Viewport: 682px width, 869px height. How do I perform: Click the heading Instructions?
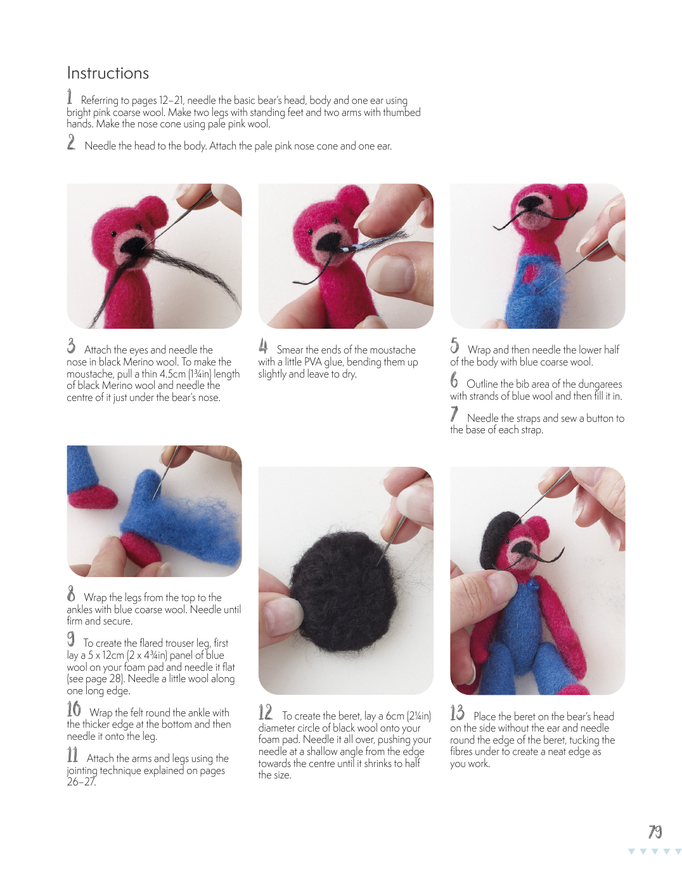click(x=108, y=73)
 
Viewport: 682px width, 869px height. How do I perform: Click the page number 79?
click(x=655, y=832)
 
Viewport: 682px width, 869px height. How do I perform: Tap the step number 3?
click(x=71, y=346)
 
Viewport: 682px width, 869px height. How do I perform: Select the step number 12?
click(x=265, y=712)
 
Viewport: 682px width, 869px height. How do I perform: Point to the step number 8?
click(x=71, y=593)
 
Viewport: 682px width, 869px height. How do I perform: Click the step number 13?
click(x=457, y=712)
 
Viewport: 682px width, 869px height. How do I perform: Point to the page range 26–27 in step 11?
click(x=81, y=782)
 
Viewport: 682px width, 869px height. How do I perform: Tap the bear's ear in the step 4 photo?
click(x=352, y=199)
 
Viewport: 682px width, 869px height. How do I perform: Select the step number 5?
click(x=454, y=346)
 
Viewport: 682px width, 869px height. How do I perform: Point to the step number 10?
click(x=74, y=709)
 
